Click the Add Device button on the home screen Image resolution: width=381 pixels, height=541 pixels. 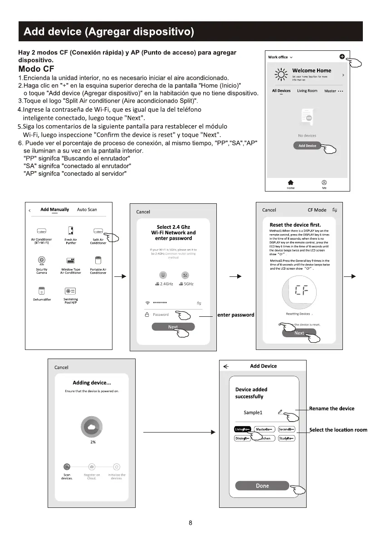point(308,146)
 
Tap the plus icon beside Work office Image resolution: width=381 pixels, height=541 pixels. point(342,57)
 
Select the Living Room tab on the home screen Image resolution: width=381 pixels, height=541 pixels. point(307,91)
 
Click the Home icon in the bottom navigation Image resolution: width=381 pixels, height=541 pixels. point(291,182)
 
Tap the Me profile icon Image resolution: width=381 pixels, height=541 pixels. point(324,182)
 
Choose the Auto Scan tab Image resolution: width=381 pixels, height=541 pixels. point(87,210)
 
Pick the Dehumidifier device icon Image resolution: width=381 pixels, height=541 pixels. point(42,291)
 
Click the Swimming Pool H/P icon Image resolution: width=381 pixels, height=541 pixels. point(70,291)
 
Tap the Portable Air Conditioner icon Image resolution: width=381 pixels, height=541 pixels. point(98,260)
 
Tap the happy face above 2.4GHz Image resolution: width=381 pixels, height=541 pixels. point(164,275)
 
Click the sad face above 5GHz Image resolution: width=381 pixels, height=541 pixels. point(185,275)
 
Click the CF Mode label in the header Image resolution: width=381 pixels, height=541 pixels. point(317,210)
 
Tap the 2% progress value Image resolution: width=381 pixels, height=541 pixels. point(93,442)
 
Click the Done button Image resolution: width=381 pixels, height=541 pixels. point(262,486)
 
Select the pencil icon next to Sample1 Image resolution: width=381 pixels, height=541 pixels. point(280,412)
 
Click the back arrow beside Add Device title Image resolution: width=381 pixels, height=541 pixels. point(226,366)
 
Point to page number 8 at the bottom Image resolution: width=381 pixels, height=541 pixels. point(190,522)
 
